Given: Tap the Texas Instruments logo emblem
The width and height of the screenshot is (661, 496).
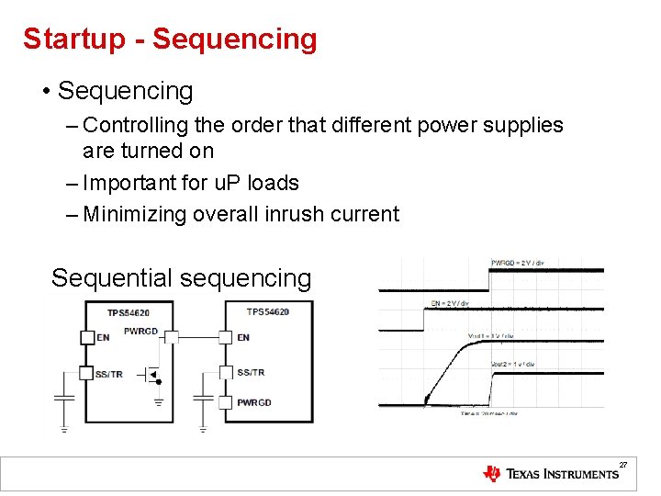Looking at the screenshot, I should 492,474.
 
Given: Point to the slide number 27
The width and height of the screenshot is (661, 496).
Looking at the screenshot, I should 622,466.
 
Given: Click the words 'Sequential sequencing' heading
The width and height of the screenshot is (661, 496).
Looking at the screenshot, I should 182,277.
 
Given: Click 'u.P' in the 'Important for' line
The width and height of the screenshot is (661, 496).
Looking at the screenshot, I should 215,183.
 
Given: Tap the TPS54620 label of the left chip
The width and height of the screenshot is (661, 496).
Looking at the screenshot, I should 128,313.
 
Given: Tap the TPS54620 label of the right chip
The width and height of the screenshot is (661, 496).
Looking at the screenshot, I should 268,312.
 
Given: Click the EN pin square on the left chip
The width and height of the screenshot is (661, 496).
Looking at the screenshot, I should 87,337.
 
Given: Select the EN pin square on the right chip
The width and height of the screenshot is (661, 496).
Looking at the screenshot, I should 226,337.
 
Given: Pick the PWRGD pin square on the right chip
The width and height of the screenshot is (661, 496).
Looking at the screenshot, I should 226,402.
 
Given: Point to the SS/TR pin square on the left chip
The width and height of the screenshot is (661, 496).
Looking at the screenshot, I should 87,373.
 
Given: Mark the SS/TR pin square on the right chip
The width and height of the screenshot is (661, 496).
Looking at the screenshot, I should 226,372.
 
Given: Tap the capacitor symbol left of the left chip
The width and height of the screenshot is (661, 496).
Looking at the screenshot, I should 64,398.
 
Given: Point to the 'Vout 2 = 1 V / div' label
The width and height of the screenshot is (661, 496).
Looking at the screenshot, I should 513,364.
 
